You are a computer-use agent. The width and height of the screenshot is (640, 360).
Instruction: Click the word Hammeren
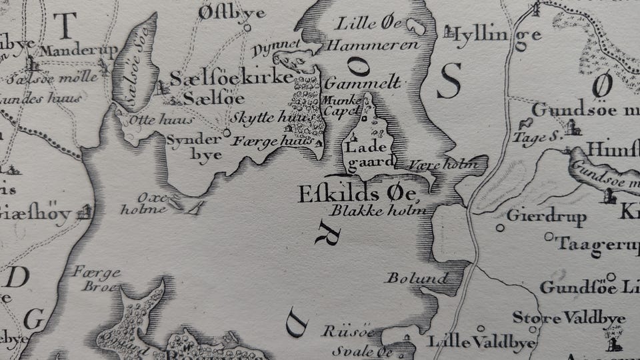tap(372, 45)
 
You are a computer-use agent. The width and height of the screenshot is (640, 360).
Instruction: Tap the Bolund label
tap(416, 277)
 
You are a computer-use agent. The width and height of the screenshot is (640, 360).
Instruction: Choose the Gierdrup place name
tap(546, 217)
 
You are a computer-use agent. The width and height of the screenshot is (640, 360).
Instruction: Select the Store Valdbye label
tap(568, 317)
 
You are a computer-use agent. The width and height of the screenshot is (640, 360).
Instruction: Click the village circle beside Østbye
tap(247, 28)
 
